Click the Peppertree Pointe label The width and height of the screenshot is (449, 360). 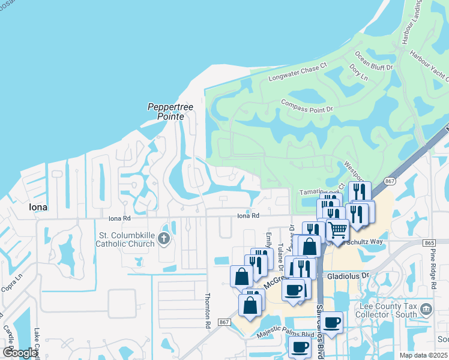[170, 112]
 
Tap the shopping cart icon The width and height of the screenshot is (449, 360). [337, 229]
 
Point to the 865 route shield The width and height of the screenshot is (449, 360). [429, 242]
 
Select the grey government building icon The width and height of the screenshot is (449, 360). [426, 310]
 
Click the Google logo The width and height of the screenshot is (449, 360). [20, 353]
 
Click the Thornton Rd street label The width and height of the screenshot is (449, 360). [208, 310]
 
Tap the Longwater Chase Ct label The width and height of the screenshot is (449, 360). [297, 71]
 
